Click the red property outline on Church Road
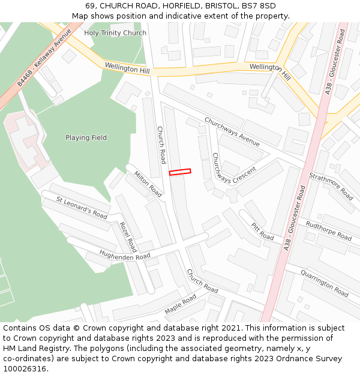[x=180, y=172]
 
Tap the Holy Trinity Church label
[x=115, y=33]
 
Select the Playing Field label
[x=86, y=138]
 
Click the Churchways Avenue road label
[x=232, y=132]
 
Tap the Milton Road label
[x=148, y=184]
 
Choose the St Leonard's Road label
[x=82, y=207]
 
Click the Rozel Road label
[x=128, y=237]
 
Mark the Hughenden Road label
[x=125, y=256]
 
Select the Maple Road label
[x=180, y=305]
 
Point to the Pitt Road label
[x=262, y=231]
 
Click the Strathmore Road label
[x=331, y=186]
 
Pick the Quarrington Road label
[x=324, y=282]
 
